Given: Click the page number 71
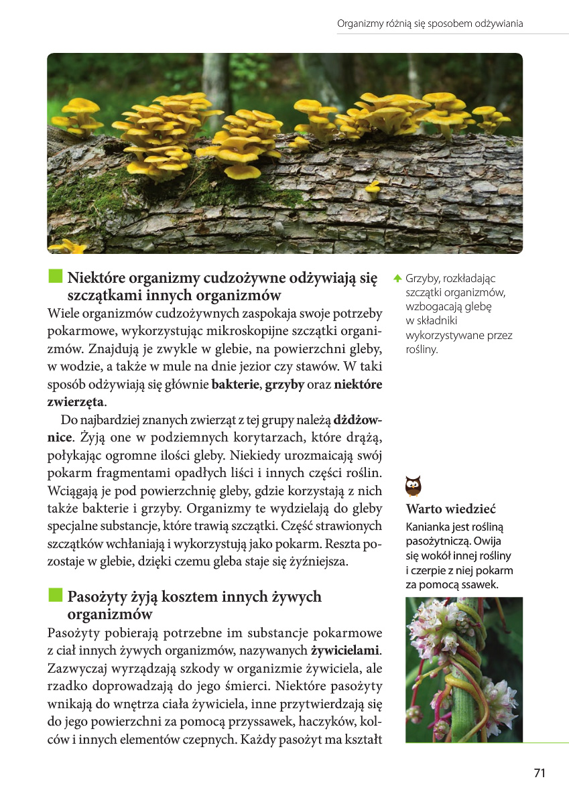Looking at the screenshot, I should pos(540,773).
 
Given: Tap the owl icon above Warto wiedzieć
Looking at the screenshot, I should pos(414,484).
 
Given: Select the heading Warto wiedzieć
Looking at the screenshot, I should pos(450,509).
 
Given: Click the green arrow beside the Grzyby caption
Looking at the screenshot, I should pos(397,278).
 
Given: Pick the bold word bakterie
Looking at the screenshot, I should pos(236,385).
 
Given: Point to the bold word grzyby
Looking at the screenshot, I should pos(285,385).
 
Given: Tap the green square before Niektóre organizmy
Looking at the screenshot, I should pos(55,277).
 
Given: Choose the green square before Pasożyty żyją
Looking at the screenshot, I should pos(55,596).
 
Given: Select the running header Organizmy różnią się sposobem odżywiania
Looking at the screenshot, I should pos(430,23).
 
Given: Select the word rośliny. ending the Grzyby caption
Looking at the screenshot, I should pos(422,349).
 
